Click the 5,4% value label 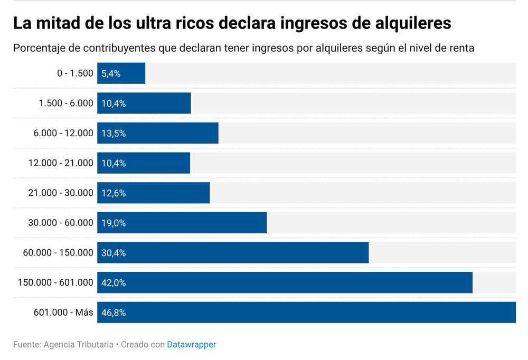pyautogui.click(x=111, y=74)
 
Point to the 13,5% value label pyautogui.click(x=114, y=134)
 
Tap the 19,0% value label pyautogui.click(x=114, y=223)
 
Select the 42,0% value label pyautogui.click(x=114, y=283)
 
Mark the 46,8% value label pyautogui.click(x=114, y=312)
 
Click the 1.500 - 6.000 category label pyautogui.click(x=66, y=103)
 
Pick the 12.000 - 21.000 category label pyautogui.click(x=61, y=163)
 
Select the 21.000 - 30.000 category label pyautogui.click(x=61, y=193)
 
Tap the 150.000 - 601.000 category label pyautogui.click(x=55, y=283)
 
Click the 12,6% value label pyautogui.click(x=114, y=193)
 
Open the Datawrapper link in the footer pyautogui.click(x=192, y=345)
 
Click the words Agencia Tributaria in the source pyautogui.click(x=78, y=345)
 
